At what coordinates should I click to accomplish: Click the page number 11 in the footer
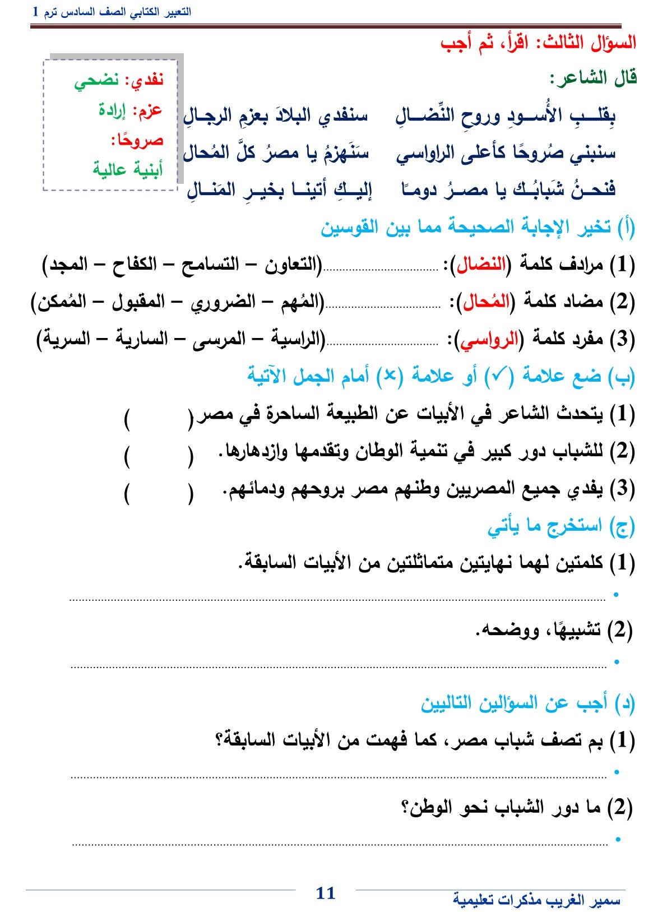tap(326, 892)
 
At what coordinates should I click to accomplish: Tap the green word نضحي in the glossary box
tap(97, 81)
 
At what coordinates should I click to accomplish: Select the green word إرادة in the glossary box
tap(114, 110)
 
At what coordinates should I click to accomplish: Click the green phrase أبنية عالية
tap(128, 169)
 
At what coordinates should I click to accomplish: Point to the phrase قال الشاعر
tap(594, 77)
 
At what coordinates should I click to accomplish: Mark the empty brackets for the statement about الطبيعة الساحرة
tap(159, 418)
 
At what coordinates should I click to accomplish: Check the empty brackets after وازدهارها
tap(159, 455)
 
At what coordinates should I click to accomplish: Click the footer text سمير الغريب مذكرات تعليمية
tap(536, 900)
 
